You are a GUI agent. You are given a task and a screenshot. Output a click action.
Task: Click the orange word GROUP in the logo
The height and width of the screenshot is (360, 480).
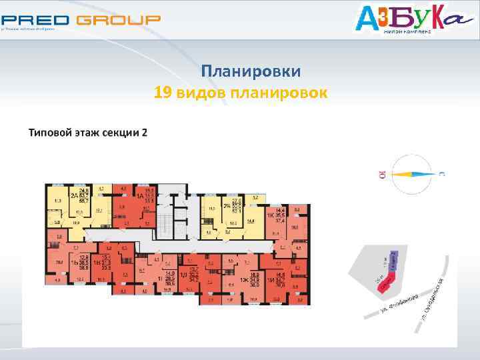(118, 20)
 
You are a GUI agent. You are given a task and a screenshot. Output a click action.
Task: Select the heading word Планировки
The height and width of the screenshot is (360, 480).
(251, 71)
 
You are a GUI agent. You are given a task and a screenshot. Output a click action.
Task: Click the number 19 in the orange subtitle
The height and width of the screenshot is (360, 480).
(163, 92)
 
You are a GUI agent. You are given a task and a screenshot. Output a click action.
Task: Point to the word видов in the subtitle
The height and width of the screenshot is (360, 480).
(199, 92)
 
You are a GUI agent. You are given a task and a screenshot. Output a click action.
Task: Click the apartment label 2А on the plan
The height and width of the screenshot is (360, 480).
(73, 195)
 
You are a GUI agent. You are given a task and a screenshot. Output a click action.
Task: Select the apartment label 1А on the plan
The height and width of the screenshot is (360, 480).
(141, 196)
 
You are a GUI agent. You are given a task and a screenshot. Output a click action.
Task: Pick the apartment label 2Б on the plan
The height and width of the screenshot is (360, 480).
(226, 205)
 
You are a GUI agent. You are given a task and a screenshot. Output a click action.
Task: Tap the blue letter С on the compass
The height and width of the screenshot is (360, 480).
(441, 175)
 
